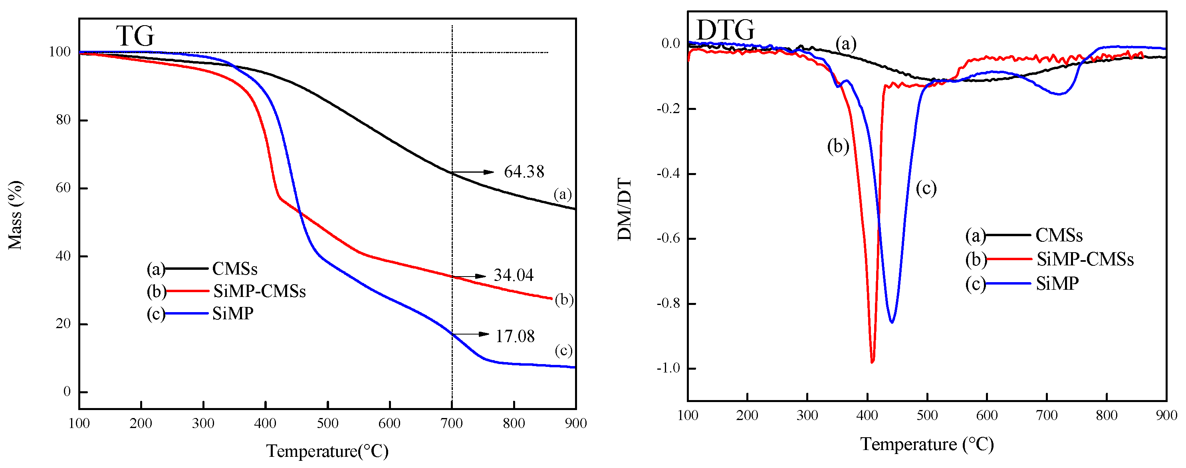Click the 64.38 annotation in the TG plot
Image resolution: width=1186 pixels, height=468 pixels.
click(524, 172)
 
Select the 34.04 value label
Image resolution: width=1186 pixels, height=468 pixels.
click(514, 275)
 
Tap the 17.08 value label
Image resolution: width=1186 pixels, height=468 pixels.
click(515, 336)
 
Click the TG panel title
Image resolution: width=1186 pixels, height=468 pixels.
click(135, 36)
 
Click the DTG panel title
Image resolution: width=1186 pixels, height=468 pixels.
click(725, 30)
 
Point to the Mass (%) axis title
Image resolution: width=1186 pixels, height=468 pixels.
click(15, 215)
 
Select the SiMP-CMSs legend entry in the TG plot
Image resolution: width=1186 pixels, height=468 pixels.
click(259, 291)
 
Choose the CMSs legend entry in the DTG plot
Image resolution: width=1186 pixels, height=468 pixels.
click(1059, 235)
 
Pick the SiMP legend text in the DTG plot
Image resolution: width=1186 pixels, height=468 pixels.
click(1057, 284)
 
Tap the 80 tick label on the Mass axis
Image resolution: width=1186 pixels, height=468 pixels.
click(63, 120)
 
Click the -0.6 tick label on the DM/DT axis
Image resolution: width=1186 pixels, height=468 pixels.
click(668, 238)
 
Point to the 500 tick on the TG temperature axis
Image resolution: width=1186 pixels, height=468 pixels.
click(327, 423)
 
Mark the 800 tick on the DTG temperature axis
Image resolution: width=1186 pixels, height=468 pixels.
click(1107, 415)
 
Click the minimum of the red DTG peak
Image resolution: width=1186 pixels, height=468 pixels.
click(872, 362)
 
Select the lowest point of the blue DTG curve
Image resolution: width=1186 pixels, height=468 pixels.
click(892, 322)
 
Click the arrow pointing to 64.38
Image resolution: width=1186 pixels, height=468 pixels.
click(473, 172)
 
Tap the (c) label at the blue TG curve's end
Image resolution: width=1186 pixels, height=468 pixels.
click(563, 351)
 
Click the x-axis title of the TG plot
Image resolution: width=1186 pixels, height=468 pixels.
click(327, 450)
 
